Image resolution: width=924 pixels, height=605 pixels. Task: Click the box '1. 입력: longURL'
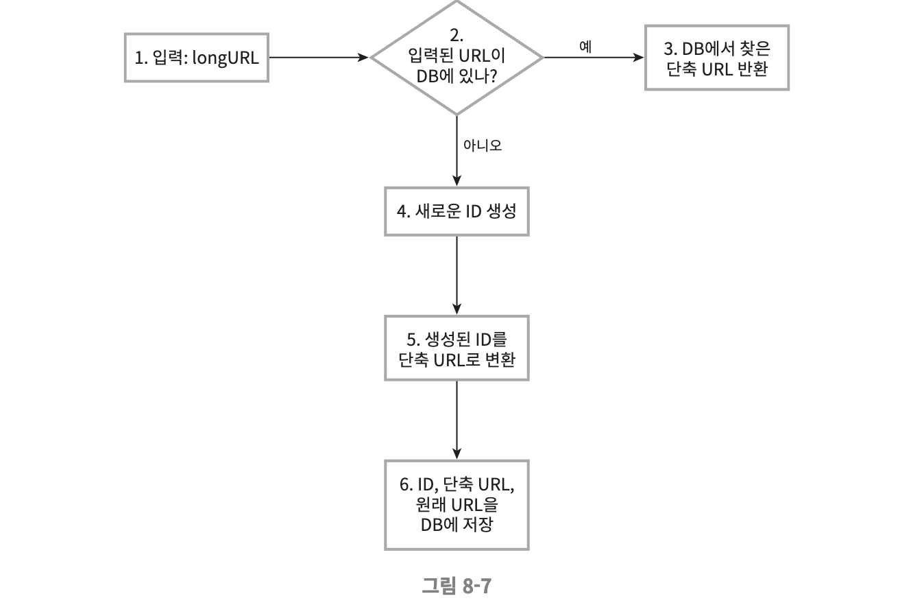196,58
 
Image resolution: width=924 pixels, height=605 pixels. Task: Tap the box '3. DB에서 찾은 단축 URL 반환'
716,58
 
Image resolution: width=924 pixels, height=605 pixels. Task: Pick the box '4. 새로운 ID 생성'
457,211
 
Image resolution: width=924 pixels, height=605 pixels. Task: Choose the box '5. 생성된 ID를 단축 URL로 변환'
457,348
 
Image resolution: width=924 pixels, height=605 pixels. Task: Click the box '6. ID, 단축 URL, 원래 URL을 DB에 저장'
457,505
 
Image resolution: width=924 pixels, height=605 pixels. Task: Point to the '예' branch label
585,46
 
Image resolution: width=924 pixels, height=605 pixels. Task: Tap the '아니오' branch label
483,145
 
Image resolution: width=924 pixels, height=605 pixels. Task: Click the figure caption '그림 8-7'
457,586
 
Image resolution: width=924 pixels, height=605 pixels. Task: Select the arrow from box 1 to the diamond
319,58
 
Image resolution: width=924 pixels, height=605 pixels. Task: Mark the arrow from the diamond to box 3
594,58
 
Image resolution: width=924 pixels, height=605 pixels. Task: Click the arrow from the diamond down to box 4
457,151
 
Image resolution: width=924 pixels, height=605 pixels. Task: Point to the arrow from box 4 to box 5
457,275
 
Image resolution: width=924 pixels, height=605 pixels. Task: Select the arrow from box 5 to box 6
457,420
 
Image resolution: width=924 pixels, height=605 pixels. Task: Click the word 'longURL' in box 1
226,58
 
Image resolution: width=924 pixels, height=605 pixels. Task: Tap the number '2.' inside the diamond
457,35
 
